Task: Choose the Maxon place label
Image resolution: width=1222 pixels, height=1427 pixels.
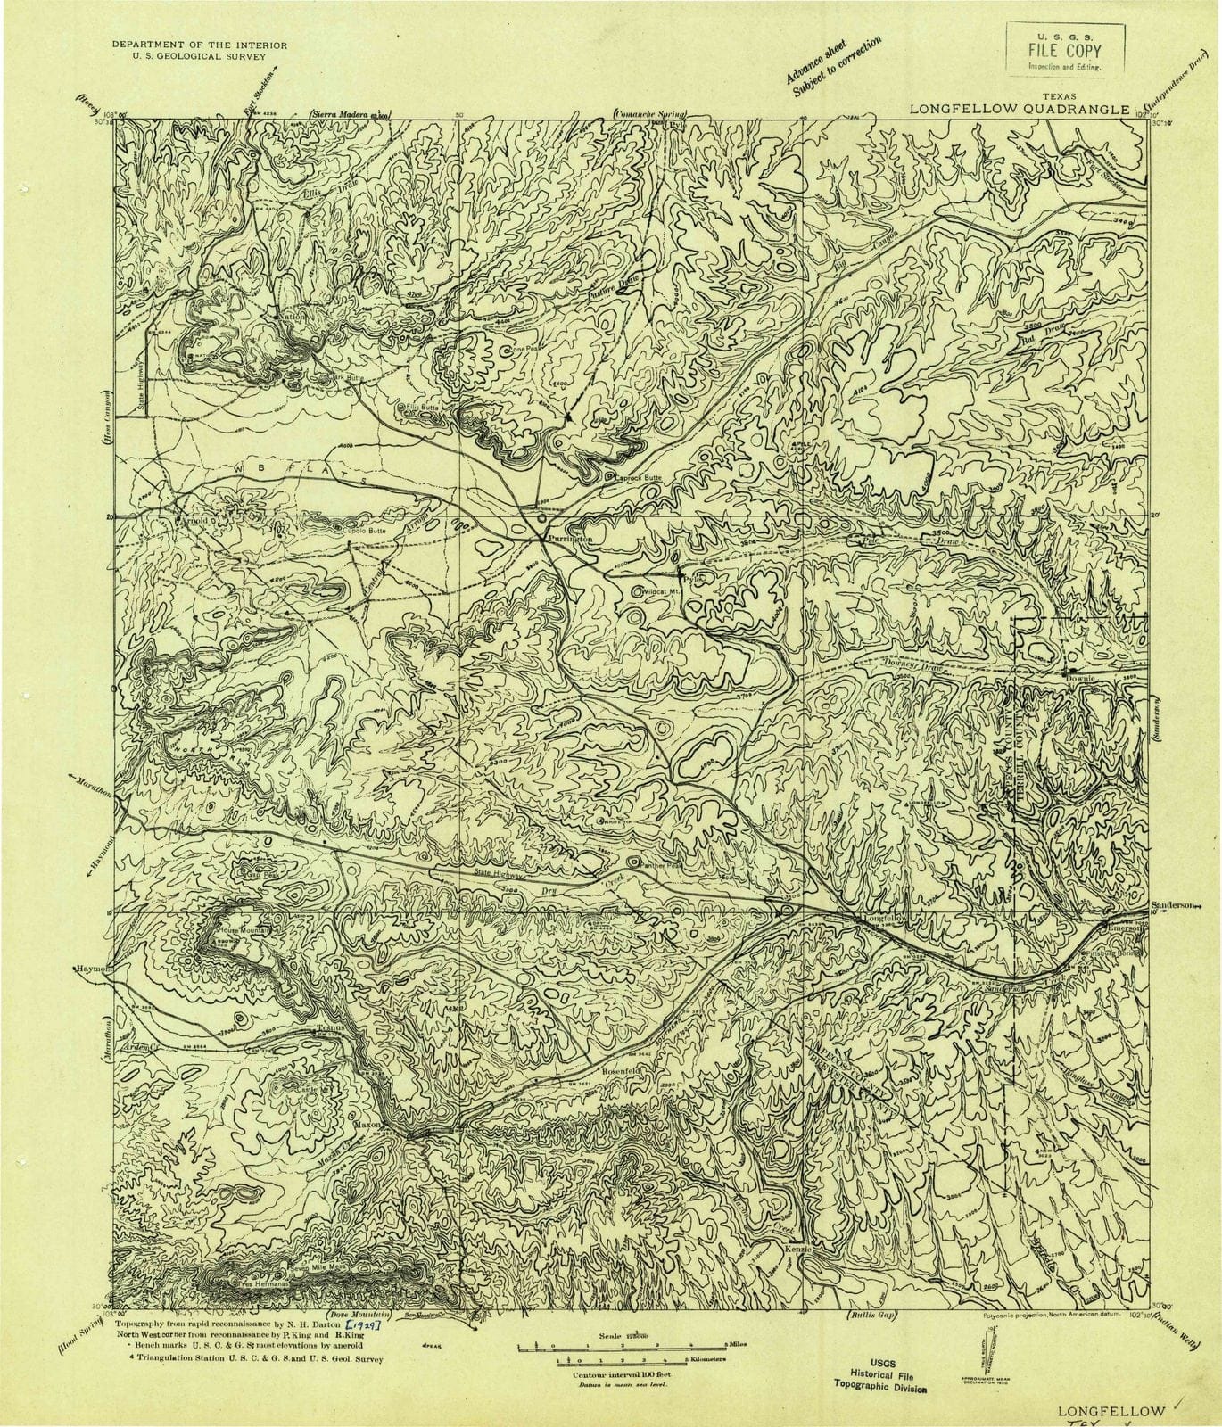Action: tap(369, 1125)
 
